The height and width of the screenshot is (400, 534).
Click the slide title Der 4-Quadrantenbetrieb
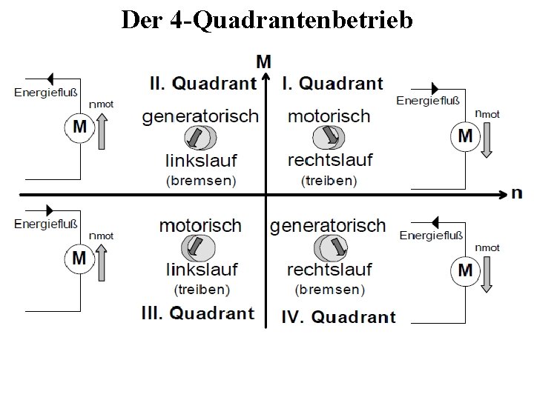267,20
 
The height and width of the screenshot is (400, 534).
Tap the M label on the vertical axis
263,60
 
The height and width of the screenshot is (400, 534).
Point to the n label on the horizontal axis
516,193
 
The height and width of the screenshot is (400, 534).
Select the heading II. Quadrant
202,83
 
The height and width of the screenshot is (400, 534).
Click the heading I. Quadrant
332,83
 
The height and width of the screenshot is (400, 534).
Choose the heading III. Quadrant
198,313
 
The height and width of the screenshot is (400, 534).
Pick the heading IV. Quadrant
338,317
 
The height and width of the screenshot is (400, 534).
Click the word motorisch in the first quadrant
329,116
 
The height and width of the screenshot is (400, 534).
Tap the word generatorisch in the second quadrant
200,116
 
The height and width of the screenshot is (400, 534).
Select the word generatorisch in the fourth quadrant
328,225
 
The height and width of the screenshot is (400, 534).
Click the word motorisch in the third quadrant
200,225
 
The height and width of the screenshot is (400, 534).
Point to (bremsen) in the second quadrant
201,180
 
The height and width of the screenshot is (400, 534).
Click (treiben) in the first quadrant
329,180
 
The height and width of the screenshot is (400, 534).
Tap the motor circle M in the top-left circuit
79,127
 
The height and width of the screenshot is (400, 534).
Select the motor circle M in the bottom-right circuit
465,270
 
